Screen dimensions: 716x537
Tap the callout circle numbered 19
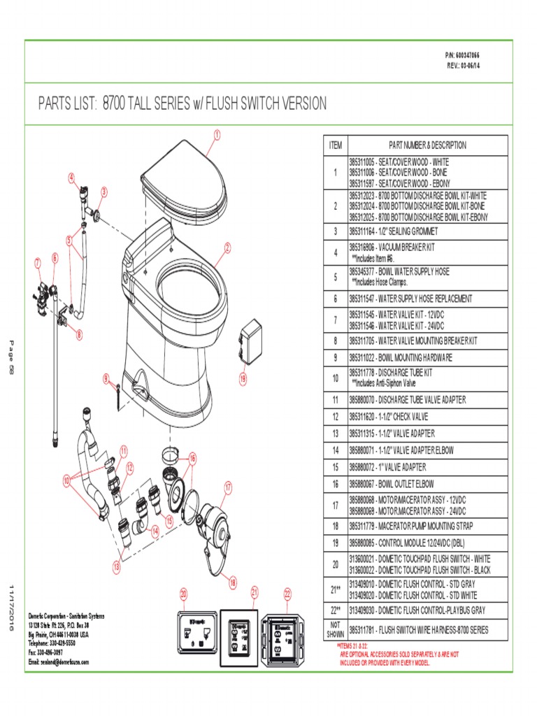point(243,379)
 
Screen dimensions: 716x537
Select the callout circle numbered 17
point(228,485)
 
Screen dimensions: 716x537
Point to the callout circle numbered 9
point(107,378)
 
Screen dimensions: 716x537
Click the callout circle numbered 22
point(287,594)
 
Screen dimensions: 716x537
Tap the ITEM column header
point(335,145)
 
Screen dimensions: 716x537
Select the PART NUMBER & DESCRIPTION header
point(427,145)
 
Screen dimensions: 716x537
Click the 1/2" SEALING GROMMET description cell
point(427,231)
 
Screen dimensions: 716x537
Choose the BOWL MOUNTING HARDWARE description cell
point(427,357)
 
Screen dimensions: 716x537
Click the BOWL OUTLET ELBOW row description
point(427,484)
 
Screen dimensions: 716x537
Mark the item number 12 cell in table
point(335,417)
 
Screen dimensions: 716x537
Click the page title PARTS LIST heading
point(182,104)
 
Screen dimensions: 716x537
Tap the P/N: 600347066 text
point(462,55)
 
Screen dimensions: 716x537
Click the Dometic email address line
point(59,661)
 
